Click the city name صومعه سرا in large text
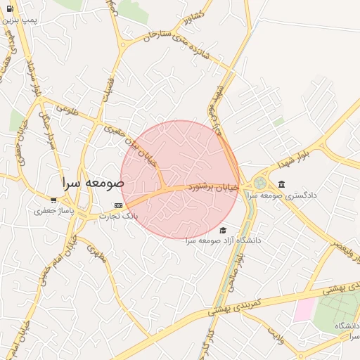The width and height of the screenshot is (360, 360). pos(93,182)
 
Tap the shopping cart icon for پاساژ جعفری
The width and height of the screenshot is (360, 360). pos(53,200)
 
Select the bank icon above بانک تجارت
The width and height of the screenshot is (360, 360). pos(118,206)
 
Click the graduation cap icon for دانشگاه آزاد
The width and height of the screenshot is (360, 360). pos(223,231)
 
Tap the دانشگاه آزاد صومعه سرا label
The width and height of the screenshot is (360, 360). pos(223,240)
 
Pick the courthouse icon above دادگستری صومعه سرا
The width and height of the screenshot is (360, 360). pos(281,184)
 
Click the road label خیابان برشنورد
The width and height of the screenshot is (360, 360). pos(212,188)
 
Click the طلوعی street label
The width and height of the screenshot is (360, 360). pos(66,109)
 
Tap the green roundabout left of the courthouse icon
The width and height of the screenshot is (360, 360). pos(260,183)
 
